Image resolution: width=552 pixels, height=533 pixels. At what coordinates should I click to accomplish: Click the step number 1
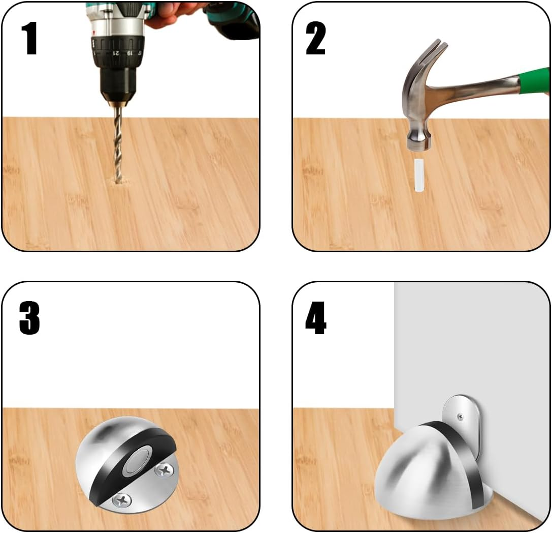[29, 38]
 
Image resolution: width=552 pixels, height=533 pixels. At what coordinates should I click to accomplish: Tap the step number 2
[315, 38]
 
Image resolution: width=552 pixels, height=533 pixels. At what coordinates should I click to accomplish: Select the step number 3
[29, 318]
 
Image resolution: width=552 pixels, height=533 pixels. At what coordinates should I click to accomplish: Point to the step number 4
[316, 318]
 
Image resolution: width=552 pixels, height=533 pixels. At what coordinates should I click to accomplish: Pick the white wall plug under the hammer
[418, 175]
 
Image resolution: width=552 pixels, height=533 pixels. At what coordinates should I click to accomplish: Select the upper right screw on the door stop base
[165, 470]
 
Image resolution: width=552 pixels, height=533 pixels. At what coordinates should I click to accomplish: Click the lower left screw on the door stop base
[122, 500]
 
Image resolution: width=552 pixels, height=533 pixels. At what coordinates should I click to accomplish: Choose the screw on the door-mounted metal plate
[461, 417]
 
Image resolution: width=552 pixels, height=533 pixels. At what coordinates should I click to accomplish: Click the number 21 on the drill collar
[116, 53]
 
